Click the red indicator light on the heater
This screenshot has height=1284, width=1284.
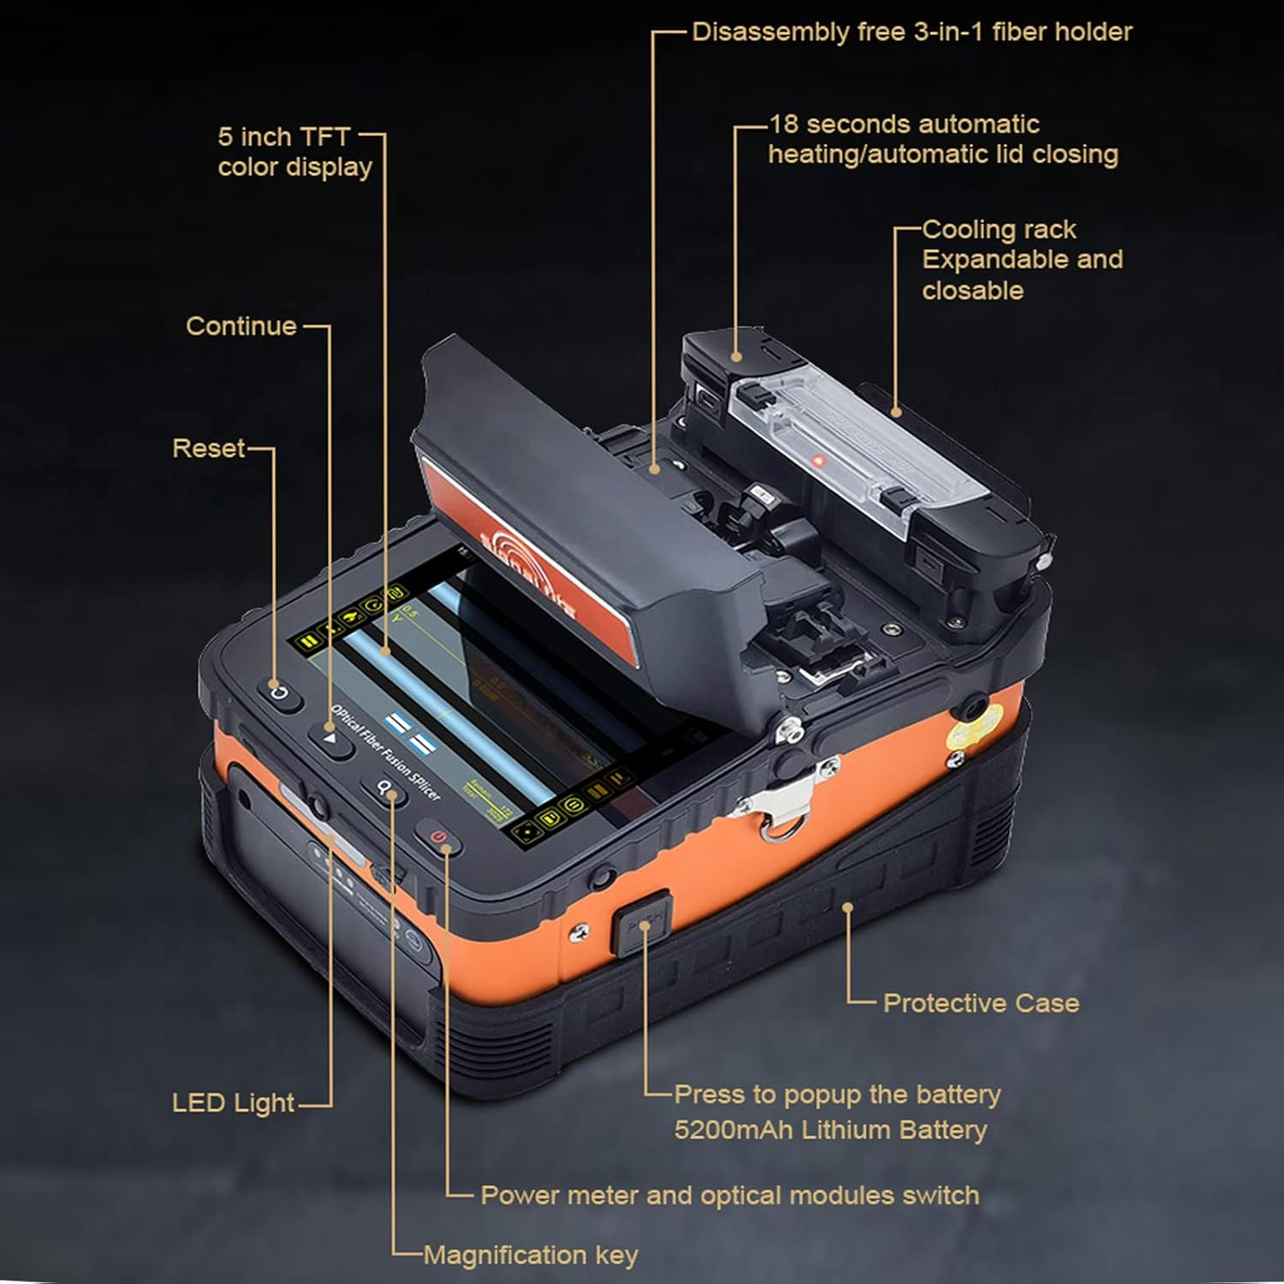(817, 461)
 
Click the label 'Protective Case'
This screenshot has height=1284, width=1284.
(980, 1002)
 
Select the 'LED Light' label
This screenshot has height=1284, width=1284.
(233, 1103)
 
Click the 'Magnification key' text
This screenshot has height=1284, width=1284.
(531, 1255)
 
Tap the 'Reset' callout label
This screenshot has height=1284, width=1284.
(209, 448)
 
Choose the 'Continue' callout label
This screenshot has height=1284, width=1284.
(241, 325)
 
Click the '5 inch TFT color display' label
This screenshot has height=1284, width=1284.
(294, 152)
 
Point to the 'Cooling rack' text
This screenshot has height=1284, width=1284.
(998, 229)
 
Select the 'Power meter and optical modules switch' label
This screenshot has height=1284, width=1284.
(729, 1195)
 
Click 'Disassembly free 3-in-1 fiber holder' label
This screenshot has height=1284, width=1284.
(911, 32)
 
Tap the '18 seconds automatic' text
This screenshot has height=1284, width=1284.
(904, 124)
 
